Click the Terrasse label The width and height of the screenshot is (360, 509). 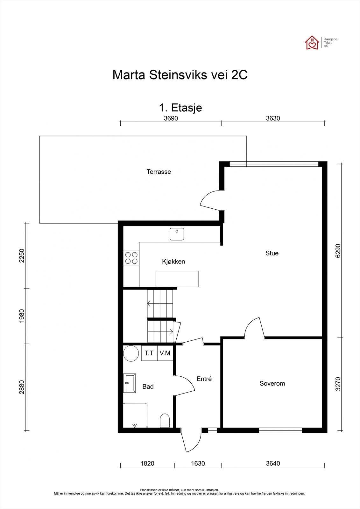click(159, 172)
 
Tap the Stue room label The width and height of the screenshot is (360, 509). click(272, 253)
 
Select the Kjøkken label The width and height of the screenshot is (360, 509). click(173, 261)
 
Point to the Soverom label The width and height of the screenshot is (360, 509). click(272, 384)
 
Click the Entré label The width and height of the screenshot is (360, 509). click(204, 379)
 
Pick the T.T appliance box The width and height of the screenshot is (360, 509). click(149, 353)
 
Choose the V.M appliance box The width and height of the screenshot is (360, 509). click(165, 353)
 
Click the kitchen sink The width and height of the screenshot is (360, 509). click(177, 234)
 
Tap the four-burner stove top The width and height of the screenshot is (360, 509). click(131, 258)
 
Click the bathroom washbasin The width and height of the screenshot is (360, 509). click(130, 383)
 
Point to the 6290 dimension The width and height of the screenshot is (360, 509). click(338, 251)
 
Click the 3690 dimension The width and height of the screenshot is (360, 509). click(171, 118)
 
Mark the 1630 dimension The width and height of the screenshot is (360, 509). click(198, 463)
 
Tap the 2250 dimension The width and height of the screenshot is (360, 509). click(22, 256)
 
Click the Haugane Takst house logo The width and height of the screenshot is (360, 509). click(312, 43)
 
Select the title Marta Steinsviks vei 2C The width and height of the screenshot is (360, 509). click(180, 75)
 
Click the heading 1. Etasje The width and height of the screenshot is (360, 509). click(180, 108)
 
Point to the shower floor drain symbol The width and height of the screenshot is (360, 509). click(135, 425)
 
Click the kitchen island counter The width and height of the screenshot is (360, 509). click(177, 279)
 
